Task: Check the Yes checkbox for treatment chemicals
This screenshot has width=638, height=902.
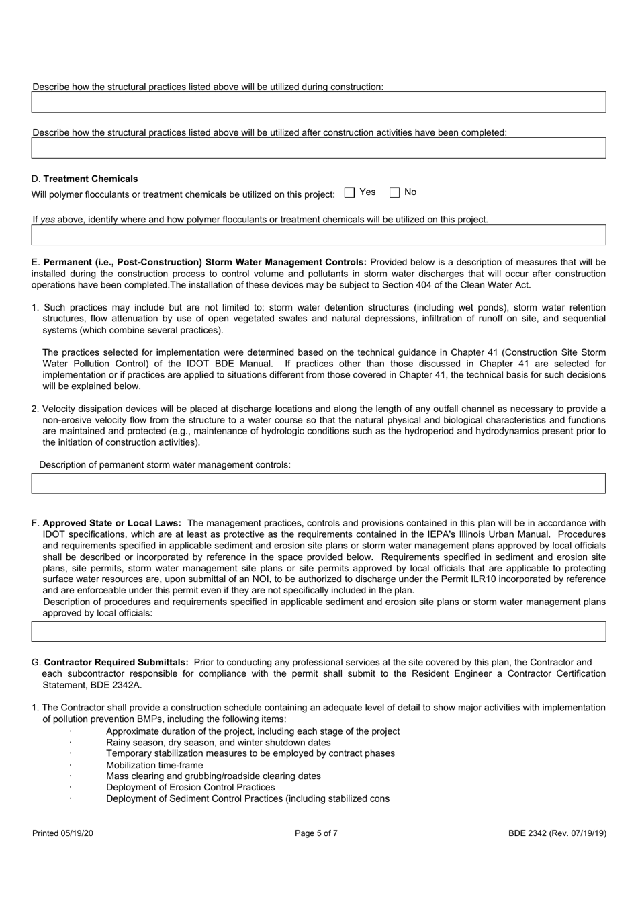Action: coord(349,193)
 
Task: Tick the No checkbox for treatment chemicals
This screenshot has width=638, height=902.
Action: coord(395,193)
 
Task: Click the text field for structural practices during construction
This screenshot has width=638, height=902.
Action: coord(318,102)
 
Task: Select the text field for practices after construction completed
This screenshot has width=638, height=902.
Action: coord(318,148)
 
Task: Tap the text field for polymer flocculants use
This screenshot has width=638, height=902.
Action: coord(318,235)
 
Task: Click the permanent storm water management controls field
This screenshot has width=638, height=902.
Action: coord(318,483)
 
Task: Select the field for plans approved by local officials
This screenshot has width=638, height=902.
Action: coord(318,631)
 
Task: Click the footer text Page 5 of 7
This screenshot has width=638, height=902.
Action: coord(316,833)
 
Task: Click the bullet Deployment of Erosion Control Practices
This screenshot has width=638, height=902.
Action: coord(190,787)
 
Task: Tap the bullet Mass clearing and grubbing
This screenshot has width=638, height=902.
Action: coord(213,776)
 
